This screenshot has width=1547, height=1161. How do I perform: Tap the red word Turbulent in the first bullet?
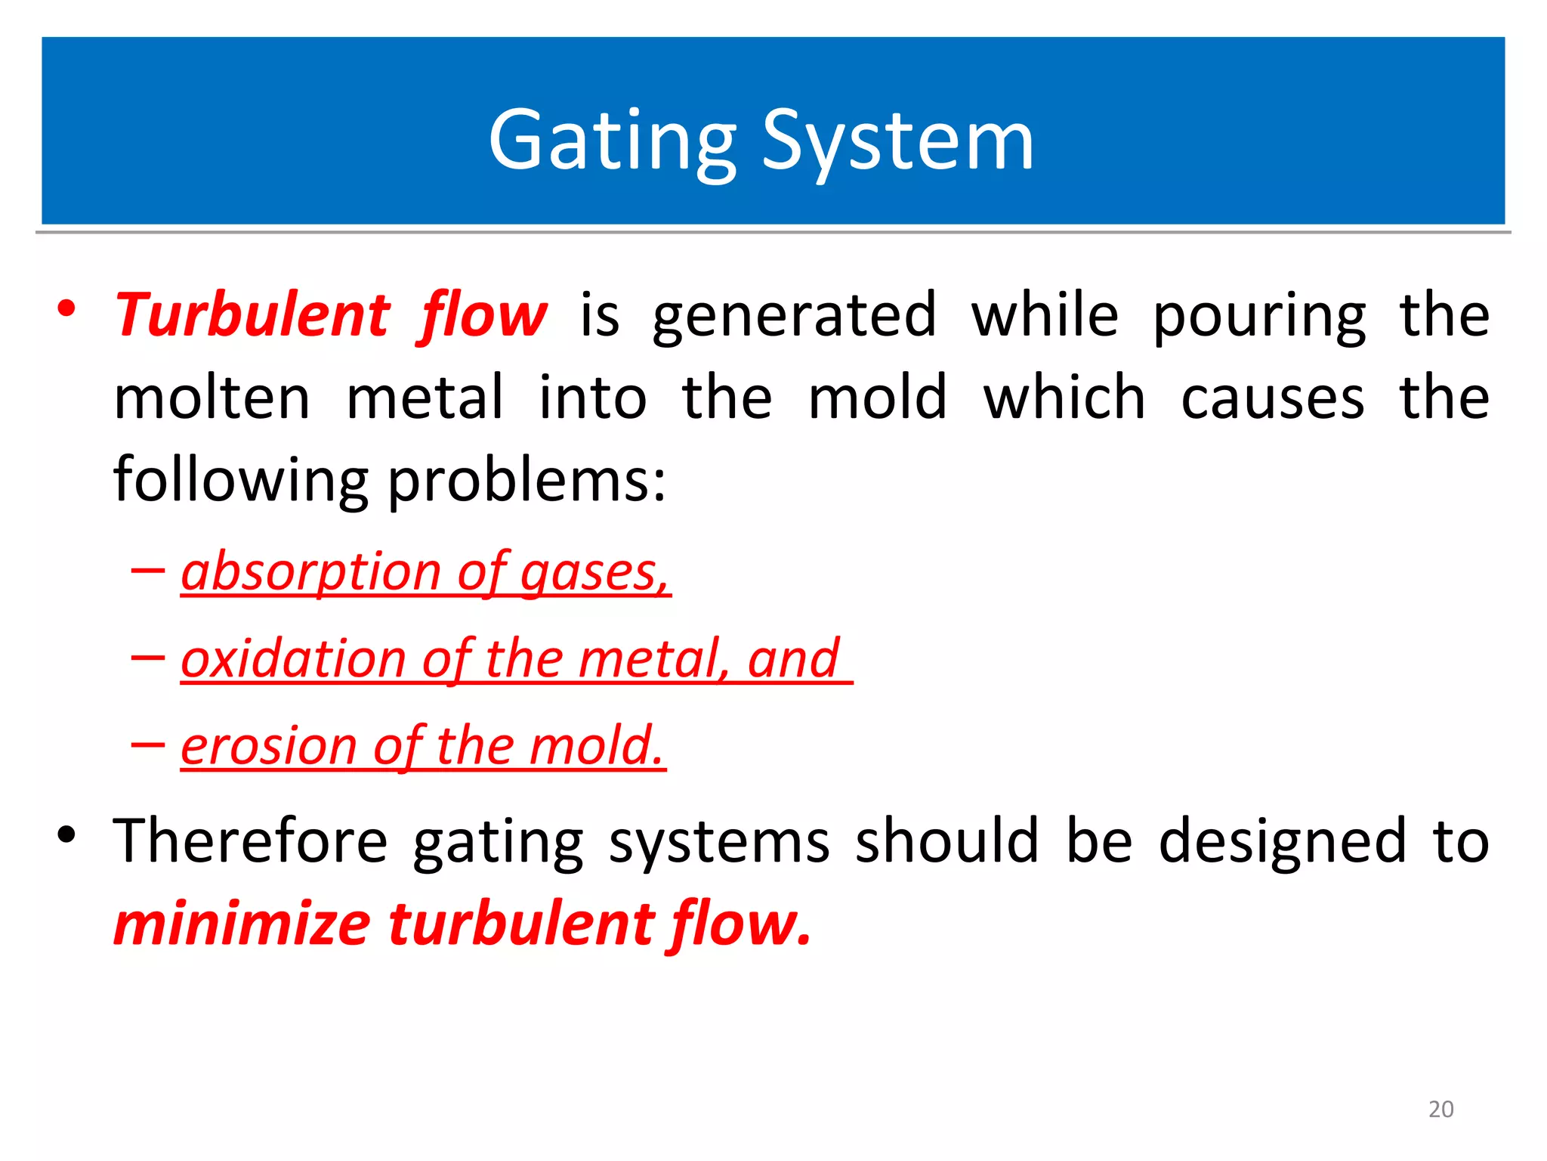tap(253, 315)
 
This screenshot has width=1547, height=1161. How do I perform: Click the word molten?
tap(212, 398)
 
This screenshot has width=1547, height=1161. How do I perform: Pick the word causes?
tap(1272, 398)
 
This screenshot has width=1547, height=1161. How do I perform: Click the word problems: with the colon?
tap(526, 481)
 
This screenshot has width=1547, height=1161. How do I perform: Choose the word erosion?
tap(268, 746)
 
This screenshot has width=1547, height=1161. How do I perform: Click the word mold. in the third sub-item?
tap(596, 746)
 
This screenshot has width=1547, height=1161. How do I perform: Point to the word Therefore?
tap(250, 841)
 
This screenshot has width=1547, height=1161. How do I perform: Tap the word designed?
tap(1282, 841)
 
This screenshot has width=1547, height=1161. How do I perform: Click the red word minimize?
tap(242, 924)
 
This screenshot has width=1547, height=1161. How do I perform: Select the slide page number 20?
tap(1440, 1109)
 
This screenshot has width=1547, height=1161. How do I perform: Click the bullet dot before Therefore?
tap(66, 834)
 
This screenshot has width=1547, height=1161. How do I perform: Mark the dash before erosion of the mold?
tap(147, 745)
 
